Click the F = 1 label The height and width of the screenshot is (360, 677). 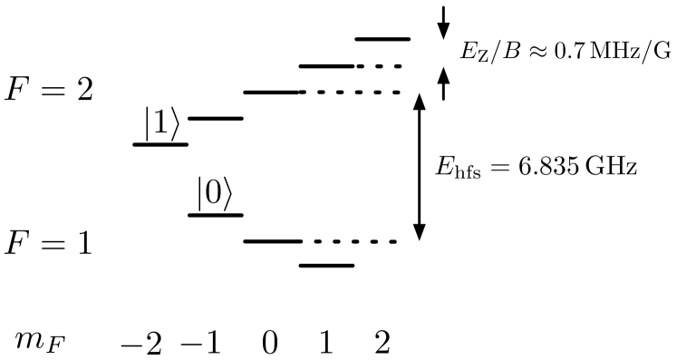click(49, 244)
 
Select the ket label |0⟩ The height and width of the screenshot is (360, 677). click(215, 195)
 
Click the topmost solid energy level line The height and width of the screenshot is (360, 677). click(382, 39)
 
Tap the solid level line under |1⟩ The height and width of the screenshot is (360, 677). click(160, 143)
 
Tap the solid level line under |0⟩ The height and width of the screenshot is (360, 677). click(216, 215)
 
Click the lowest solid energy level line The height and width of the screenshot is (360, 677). click(326, 266)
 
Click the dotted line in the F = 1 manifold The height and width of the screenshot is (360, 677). click(353, 241)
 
